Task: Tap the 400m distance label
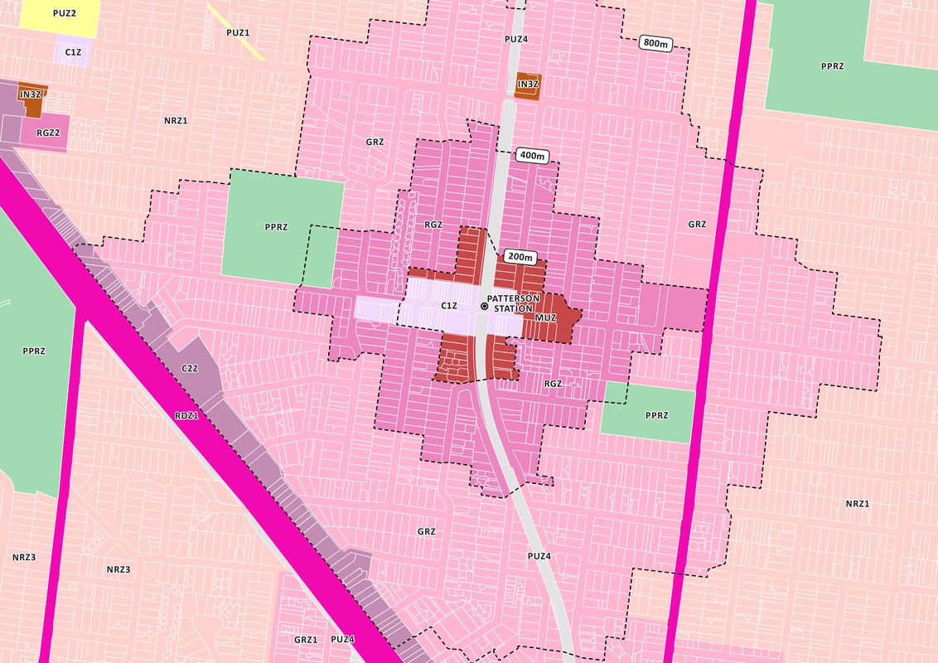pyautogui.click(x=531, y=155)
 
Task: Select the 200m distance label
pyautogui.click(x=520, y=257)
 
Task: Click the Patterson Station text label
pyautogui.click(x=513, y=302)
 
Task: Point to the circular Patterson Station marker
pyautogui.click(x=485, y=306)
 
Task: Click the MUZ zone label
pyautogui.click(x=545, y=317)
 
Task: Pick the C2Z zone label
pyautogui.click(x=190, y=368)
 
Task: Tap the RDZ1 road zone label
pyautogui.click(x=186, y=414)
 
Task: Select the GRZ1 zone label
pyautogui.click(x=306, y=640)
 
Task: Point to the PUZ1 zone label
pyautogui.click(x=238, y=32)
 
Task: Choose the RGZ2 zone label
pyautogui.click(x=47, y=133)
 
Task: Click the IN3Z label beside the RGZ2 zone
pyautogui.click(x=31, y=94)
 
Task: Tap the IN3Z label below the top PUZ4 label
pyautogui.click(x=528, y=85)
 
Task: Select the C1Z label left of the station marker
pyautogui.click(x=449, y=306)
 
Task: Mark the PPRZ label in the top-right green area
pyautogui.click(x=832, y=65)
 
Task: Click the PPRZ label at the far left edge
pyautogui.click(x=33, y=351)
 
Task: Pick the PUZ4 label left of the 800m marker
pyautogui.click(x=516, y=39)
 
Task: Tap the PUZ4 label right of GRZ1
pyautogui.click(x=342, y=640)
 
